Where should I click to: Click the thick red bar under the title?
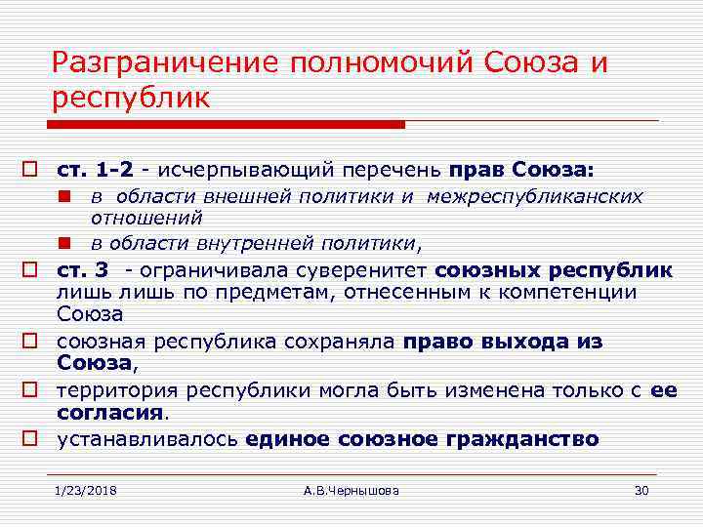click(225, 125)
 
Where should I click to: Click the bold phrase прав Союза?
click(521, 170)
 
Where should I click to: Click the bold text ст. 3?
click(82, 268)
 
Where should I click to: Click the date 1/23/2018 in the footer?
click(85, 490)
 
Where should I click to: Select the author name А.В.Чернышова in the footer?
click(351, 490)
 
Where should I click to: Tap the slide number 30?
click(641, 490)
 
